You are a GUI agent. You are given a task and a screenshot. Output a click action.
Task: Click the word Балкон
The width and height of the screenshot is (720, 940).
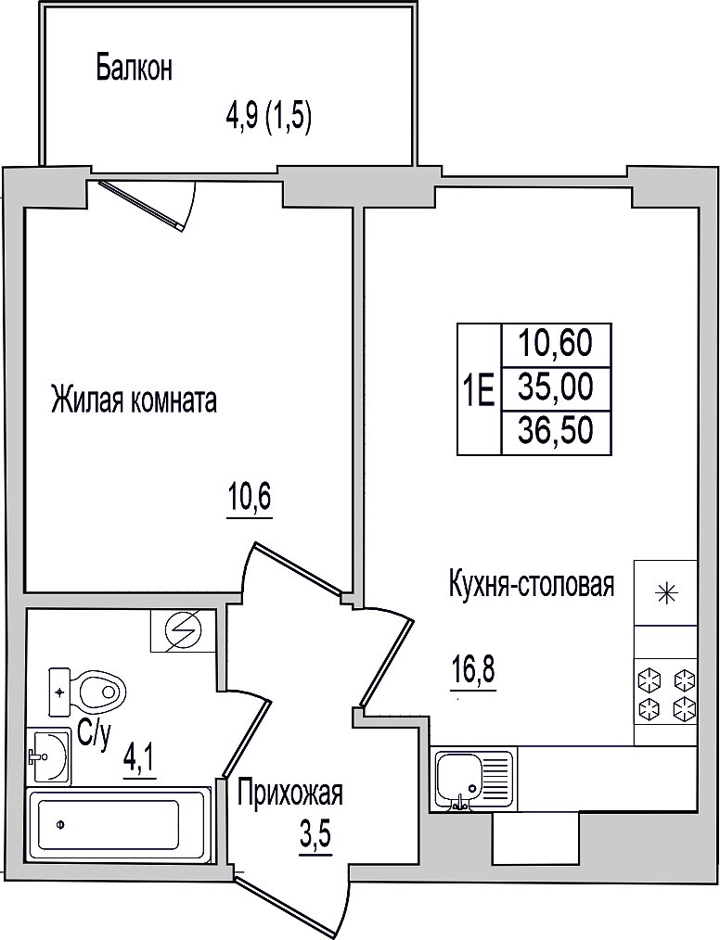click(x=135, y=68)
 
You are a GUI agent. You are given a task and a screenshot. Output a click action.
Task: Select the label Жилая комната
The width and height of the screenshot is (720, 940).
click(x=135, y=400)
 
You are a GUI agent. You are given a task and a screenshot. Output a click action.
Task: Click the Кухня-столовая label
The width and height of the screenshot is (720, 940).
click(x=532, y=584)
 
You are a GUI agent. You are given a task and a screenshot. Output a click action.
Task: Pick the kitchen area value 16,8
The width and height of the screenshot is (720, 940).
click(x=473, y=669)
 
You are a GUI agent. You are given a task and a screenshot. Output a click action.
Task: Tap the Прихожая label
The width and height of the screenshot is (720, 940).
click(x=289, y=794)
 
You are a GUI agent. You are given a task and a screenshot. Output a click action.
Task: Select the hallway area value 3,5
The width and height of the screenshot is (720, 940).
click(x=315, y=834)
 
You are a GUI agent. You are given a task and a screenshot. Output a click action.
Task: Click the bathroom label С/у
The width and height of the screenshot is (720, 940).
click(x=95, y=737)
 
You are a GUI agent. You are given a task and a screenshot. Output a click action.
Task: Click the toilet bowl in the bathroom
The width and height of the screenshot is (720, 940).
click(x=87, y=692)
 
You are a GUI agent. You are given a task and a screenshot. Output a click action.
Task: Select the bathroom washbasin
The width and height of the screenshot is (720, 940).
click(x=48, y=756)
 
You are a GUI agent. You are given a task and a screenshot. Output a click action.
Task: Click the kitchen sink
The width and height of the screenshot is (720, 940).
click(x=472, y=781)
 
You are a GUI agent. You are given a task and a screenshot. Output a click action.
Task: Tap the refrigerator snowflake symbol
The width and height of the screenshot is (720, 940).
click(x=666, y=593)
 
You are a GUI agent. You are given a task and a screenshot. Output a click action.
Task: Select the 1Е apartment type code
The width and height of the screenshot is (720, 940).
click(x=479, y=389)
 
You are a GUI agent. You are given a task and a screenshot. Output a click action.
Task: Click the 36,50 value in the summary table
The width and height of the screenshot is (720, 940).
click(x=556, y=430)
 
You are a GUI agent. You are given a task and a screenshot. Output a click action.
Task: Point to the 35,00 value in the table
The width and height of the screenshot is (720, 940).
click(x=556, y=387)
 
